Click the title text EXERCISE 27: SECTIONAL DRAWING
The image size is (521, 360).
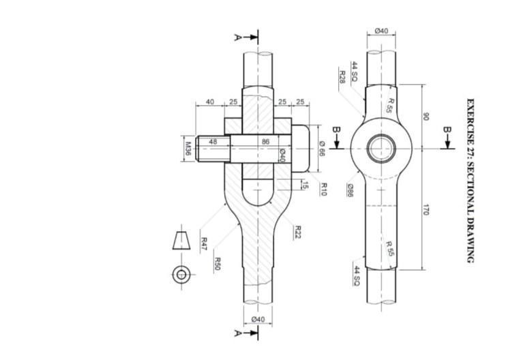pyautogui.click(x=470, y=181)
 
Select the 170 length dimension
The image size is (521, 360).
pyautogui.click(x=425, y=210)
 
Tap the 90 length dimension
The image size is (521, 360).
pyautogui.click(x=425, y=117)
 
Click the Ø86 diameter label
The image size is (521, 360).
pyautogui.click(x=349, y=191)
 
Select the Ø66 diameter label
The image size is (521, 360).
pyautogui.click(x=322, y=148)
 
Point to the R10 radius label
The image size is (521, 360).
pyautogui.click(x=323, y=189)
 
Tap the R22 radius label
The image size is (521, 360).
pyautogui.click(x=297, y=232)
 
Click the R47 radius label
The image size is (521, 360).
pyautogui.click(x=203, y=243)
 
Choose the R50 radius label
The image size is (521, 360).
pyautogui.click(x=216, y=264)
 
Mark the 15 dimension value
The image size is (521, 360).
pyautogui.click(x=305, y=185)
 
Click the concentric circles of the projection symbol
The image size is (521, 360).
pyautogui.click(x=181, y=274)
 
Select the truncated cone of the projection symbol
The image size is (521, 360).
pyautogui.click(x=181, y=241)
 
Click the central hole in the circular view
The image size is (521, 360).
pyautogui.click(x=381, y=149)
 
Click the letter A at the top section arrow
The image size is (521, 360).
pyautogui.click(x=237, y=37)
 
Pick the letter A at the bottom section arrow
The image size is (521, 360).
pyautogui.click(x=237, y=333)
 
